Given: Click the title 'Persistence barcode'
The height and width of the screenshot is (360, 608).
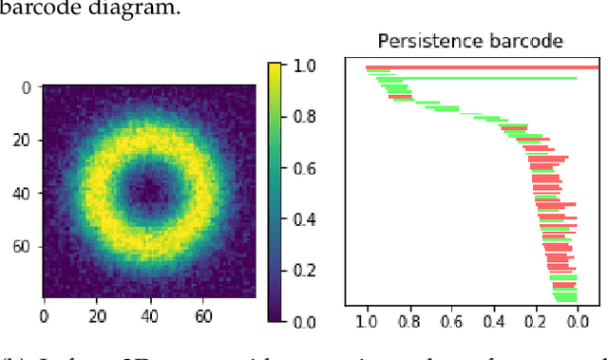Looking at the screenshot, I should pyautogui.click(x=470, y=41).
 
